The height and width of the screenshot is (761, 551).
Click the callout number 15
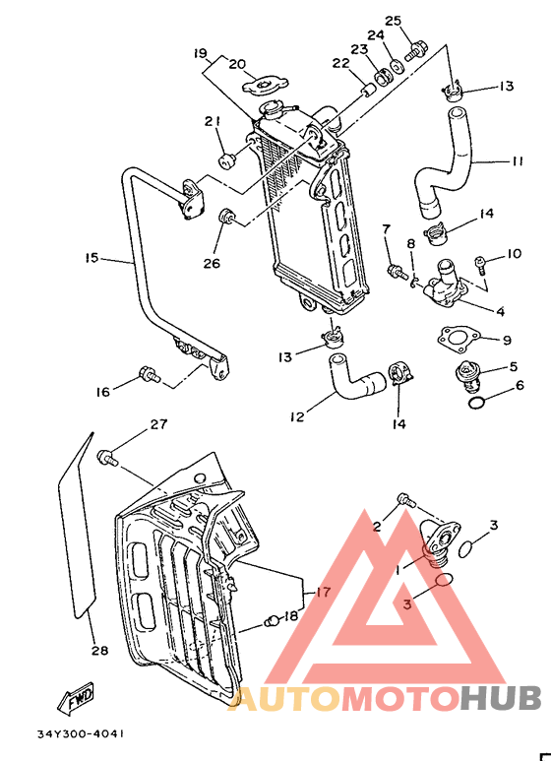pos(92,259)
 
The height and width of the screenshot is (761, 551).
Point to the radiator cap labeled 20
pos(269,87)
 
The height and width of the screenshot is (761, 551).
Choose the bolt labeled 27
pos(108,456)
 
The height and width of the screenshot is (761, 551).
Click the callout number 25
pos(394,21)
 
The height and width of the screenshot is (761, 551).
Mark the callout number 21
pos(211,121)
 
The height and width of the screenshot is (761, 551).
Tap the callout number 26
pos(213,263)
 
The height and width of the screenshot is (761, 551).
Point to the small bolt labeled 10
pos(480,262)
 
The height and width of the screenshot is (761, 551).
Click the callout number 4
pos(500,312)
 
